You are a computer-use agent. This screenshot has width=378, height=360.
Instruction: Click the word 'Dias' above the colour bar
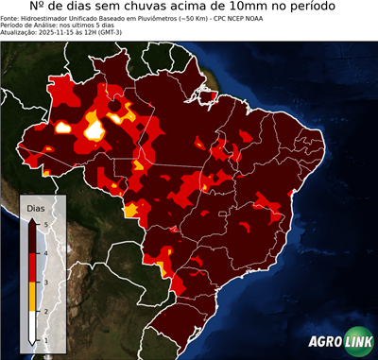tap(35, 207)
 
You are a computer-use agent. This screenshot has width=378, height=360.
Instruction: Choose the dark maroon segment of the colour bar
tap(32, 237)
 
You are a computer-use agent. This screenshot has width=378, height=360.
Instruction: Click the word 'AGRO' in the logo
tap(322, 341)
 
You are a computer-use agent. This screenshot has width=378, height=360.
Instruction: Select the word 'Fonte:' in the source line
tap(12, 23)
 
